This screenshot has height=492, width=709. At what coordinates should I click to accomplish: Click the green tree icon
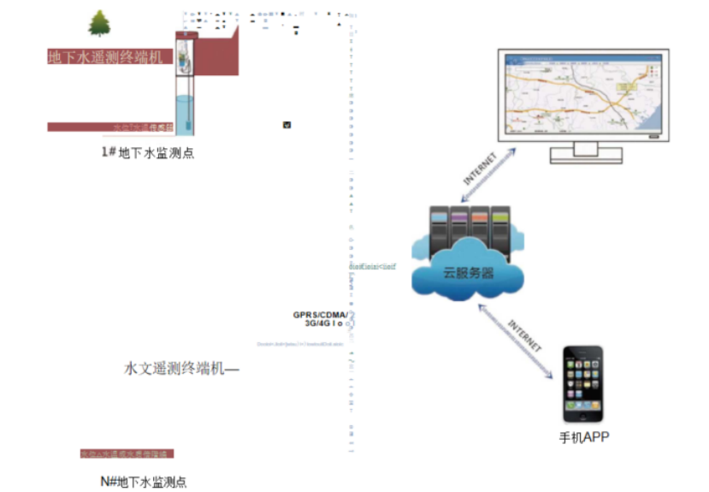(99, 23)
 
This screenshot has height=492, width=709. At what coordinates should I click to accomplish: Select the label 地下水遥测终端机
(105, 57)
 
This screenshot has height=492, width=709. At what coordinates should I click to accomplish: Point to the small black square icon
(287, 125)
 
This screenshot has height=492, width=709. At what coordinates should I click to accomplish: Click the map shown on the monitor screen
(582, 94)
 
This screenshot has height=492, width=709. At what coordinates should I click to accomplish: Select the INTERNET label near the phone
(525, 335)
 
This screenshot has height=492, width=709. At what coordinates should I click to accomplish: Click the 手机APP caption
(584, 437)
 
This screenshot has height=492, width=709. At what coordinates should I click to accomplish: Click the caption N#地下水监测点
(143, 481)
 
